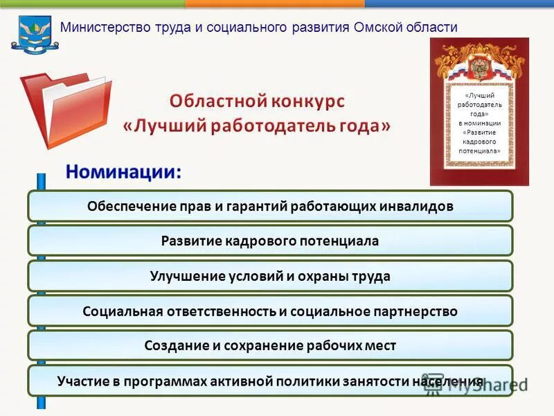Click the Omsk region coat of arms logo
pyautogui.click(x=30, y=34)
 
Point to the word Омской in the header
pyautogui.click(x=382, y=28)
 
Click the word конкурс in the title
pyautogui.click(x=305, y=101)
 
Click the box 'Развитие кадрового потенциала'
pyautogui.click(x=270, y=241)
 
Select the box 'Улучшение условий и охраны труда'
pyautogui.click(x=270, y=276)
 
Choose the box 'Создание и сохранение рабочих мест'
pyautogui.click(x=270, y=345)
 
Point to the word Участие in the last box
pyautogui.click(x=82, y=381)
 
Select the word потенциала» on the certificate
pyautogui.click(x=479, y=150)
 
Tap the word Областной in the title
pyautogui.click(x=212, y=101)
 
